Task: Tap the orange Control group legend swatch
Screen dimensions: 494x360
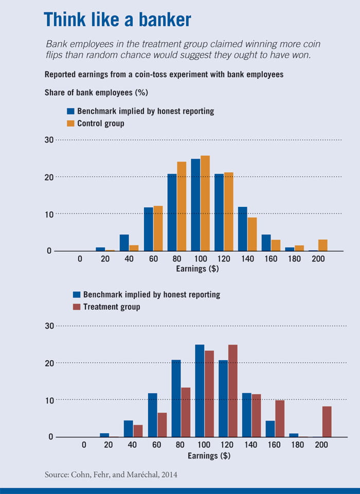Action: pyautogui.click(x=71, y=123)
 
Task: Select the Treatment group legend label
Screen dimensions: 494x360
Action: pyautogui.click(x=112, y=307)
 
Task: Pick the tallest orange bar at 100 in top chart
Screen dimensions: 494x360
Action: pyautogui.click(x=205, y=203)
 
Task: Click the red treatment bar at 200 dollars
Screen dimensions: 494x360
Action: pyautogui.click(x=327, y=421)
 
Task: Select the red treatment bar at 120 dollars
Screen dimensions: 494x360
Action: pyautogui.click(x=232, y=391)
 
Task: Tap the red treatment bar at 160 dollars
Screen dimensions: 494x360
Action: pyautogui.click(x=279, y=418)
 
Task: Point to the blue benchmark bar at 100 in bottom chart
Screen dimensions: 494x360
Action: pyautogui.click(x=200, y=391)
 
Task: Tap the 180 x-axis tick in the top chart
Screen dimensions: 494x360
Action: pyautogui.click(x=294, y=258)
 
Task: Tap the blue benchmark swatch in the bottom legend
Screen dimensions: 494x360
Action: pyautogui.click(x=77, y=295)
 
